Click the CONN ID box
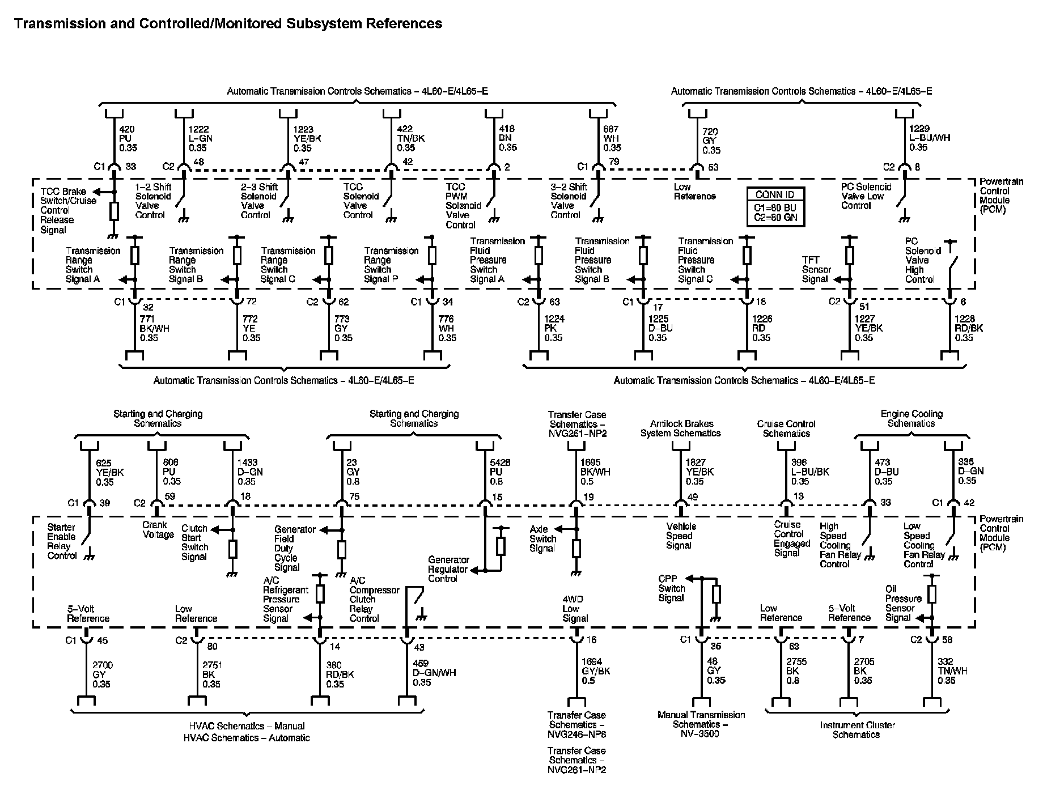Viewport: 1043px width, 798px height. point(775,206)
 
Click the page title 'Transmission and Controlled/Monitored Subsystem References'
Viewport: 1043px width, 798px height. point(228,23)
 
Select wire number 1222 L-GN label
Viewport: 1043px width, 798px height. point(201,138)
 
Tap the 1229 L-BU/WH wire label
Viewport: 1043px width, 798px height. point(930,138)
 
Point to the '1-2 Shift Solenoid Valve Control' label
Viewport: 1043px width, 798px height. point(153,201)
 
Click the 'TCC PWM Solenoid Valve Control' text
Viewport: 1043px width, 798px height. point(463,205)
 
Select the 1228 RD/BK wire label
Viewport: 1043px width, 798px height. point(969,328)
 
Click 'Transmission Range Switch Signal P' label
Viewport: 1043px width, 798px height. point(391,265)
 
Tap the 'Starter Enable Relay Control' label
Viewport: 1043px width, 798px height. point(62,541)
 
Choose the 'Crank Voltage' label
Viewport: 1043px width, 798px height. point(158,529)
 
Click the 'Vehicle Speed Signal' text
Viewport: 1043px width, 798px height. point(681,536)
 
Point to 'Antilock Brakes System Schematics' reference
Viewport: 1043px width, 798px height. point(681,428)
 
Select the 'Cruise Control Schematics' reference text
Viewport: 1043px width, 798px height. point(786,428)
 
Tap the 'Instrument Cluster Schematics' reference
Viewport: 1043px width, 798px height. point(857,729)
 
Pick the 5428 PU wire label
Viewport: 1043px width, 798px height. point(500,472)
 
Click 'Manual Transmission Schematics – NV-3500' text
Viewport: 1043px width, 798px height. point(701,724)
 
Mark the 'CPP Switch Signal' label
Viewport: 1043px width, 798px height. point(672,588)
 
